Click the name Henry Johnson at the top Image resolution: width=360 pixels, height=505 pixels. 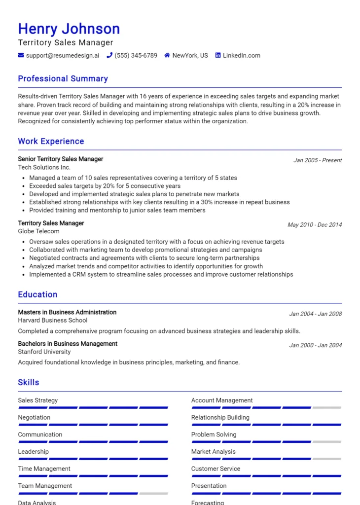[69, 29]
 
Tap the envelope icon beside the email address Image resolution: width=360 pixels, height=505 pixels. [21, 56]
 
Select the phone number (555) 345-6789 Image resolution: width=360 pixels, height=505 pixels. [136, 56]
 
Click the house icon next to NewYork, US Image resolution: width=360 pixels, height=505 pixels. [167, 56]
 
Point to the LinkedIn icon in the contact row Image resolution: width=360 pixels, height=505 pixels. [218, 56]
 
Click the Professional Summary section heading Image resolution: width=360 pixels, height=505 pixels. [63, 79]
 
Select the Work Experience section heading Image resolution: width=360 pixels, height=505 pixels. [51, 142]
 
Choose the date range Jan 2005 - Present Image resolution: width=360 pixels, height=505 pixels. [317, 160]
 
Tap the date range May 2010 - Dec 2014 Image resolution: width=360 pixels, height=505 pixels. [314, 225]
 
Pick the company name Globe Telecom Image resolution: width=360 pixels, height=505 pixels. [38, 231]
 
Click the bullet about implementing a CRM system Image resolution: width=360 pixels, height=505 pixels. [161, 274]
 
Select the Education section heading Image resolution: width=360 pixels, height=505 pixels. [37, 295]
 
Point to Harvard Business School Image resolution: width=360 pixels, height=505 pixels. [53, 321]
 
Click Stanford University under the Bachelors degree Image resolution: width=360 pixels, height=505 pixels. [44, 352]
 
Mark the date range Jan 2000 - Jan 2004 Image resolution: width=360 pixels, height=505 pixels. [315, 345]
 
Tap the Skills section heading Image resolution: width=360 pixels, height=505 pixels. [29, 383]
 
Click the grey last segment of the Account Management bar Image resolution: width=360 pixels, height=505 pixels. [327, 408]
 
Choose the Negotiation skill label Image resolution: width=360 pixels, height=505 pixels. [34, 418]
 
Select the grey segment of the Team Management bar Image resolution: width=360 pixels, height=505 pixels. [153, 493]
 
